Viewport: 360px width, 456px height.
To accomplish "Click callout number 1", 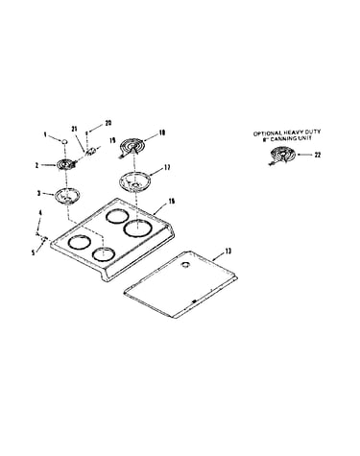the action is tap(45, 134).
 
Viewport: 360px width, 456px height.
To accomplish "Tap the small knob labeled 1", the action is tap(64, 141).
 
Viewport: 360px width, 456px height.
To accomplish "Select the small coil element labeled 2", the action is tap(66, 164).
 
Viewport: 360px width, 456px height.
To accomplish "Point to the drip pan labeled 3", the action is tap(66, 196).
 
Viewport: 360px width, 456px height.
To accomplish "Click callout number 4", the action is tap(39, 212).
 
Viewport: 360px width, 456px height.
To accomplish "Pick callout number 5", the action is tap(33, 252).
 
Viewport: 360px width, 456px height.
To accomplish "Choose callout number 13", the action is tap(228, 252).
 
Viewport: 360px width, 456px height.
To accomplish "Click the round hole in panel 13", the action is tap(185, 264).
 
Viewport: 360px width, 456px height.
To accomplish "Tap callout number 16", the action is tap(172, 202).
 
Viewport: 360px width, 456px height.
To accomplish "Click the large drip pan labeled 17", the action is tap(134, 181).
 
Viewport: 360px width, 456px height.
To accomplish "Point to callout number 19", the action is tap(112, 141).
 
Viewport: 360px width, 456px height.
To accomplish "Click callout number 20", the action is tap(108, 123).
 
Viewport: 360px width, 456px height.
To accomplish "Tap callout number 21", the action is tap(75, 129).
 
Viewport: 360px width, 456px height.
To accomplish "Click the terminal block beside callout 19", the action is tap(90, 151).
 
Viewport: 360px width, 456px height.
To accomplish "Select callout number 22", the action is tap(317, 155).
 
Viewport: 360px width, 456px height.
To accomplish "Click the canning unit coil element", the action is tap(282, 156).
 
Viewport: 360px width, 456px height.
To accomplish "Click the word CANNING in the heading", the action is tap(286, 138).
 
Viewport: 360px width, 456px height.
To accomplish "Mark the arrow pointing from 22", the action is tap(304, 156).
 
